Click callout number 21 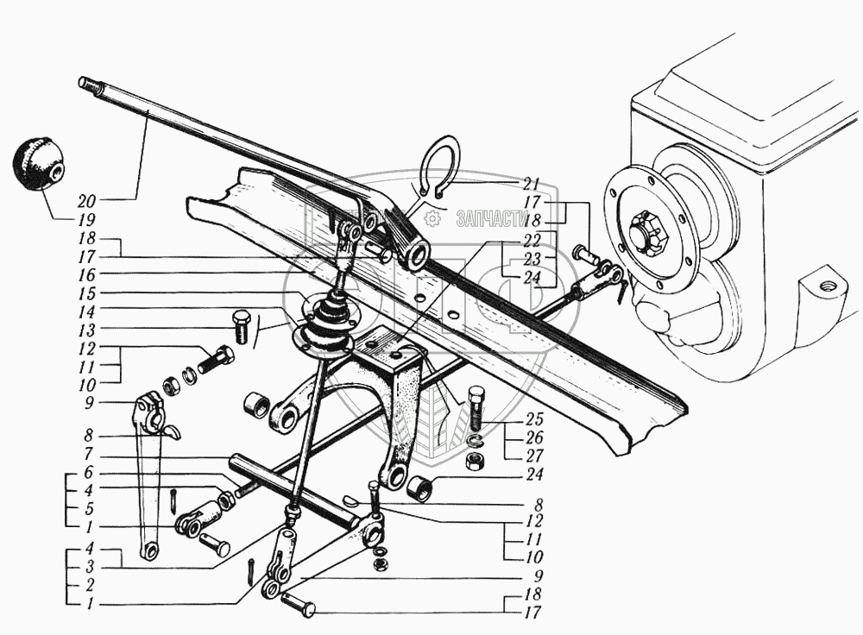pos(530,183)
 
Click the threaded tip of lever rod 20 pos(85,83)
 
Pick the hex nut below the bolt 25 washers pos(473,463)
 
